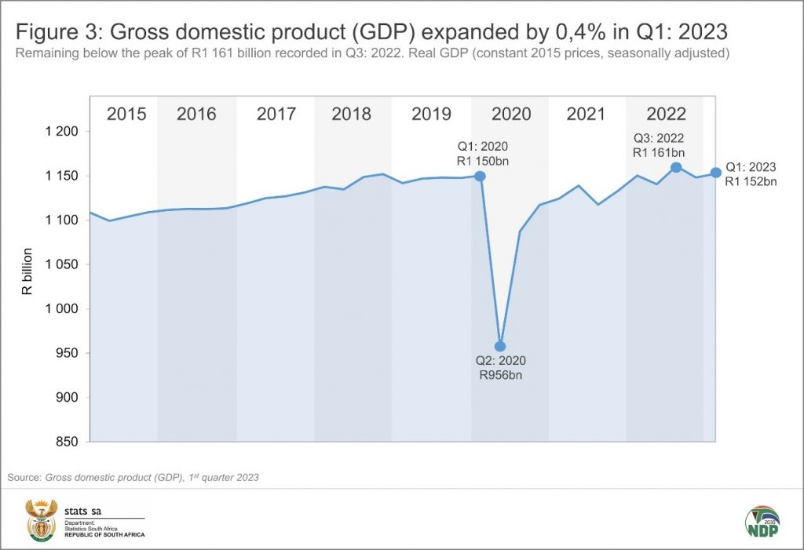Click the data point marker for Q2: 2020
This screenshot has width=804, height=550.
(500, 346)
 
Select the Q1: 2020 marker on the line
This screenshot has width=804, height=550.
(480, 176)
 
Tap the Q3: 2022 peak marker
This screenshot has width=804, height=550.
(676, 167)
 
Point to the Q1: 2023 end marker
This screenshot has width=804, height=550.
(715, 173)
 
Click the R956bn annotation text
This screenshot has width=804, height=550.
(500, 376)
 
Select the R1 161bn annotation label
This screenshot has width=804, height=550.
(660, 153)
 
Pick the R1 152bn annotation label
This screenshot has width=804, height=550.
(751, 182)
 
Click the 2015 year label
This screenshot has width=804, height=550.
(126, 114)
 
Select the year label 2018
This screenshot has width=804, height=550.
(352, 114)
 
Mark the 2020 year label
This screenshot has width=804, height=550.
(511, 114)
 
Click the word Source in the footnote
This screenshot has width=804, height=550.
(24, 476)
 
